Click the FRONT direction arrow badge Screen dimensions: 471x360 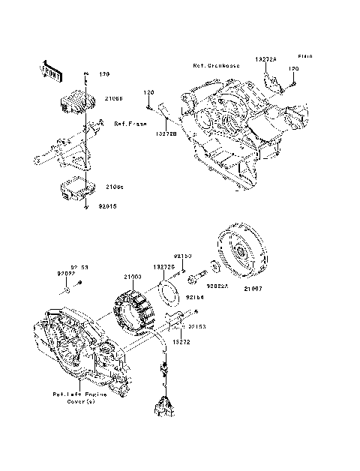click(48, 70)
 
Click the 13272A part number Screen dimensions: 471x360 click(267, 58)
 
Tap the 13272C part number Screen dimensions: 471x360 click(164, 266)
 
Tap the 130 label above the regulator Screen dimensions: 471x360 click(103, 73)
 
